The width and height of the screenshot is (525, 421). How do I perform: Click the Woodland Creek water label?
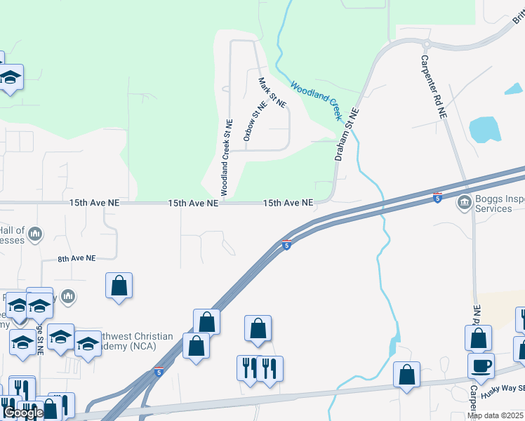click(x=315, y=98)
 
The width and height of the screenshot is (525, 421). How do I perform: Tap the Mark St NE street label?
click(x=272, y=92)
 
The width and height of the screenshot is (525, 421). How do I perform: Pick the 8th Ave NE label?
click(x=77, y=259)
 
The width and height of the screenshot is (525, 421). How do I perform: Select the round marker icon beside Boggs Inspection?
click(x=464, y=203)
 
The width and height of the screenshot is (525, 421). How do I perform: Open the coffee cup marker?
click(x=481, y=366)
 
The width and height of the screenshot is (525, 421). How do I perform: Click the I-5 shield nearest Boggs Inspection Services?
click(x=438, y=199)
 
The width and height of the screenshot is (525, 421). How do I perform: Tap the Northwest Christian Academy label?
click(x=133, y=341)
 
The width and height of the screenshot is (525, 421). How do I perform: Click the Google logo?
click(x=23, y=413)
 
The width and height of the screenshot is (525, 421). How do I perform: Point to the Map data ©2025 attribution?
click(x=496, y=415)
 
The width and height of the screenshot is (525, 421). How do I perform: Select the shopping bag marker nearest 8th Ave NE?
click(x=119, y=286)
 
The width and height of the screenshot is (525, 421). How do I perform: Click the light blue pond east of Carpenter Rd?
click(x=484, y=128)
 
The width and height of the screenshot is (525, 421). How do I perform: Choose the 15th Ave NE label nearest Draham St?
click(x=288, y=203)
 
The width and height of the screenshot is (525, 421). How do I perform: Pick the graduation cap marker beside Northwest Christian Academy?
click(x=88, y=344)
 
